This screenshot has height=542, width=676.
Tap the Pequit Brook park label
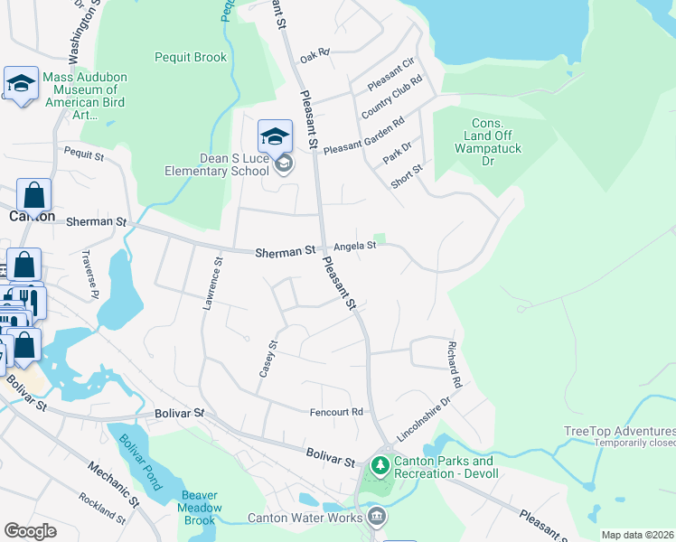pos(192,58)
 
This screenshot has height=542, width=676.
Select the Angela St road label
pos(354,246)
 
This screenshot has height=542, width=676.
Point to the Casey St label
pos(268,359)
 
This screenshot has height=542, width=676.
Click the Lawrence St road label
pos(212,285)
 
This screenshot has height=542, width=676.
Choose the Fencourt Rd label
pos(336,412)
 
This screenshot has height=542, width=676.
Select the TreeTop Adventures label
pos(618,431)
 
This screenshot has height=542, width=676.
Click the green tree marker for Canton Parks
pos(380,466)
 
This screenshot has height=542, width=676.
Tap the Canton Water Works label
pos(305,519)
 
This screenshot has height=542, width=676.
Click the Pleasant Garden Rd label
pos(364,135)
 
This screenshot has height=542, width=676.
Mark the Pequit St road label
pos(82,155)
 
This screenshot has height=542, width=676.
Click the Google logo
pos(31,531)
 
